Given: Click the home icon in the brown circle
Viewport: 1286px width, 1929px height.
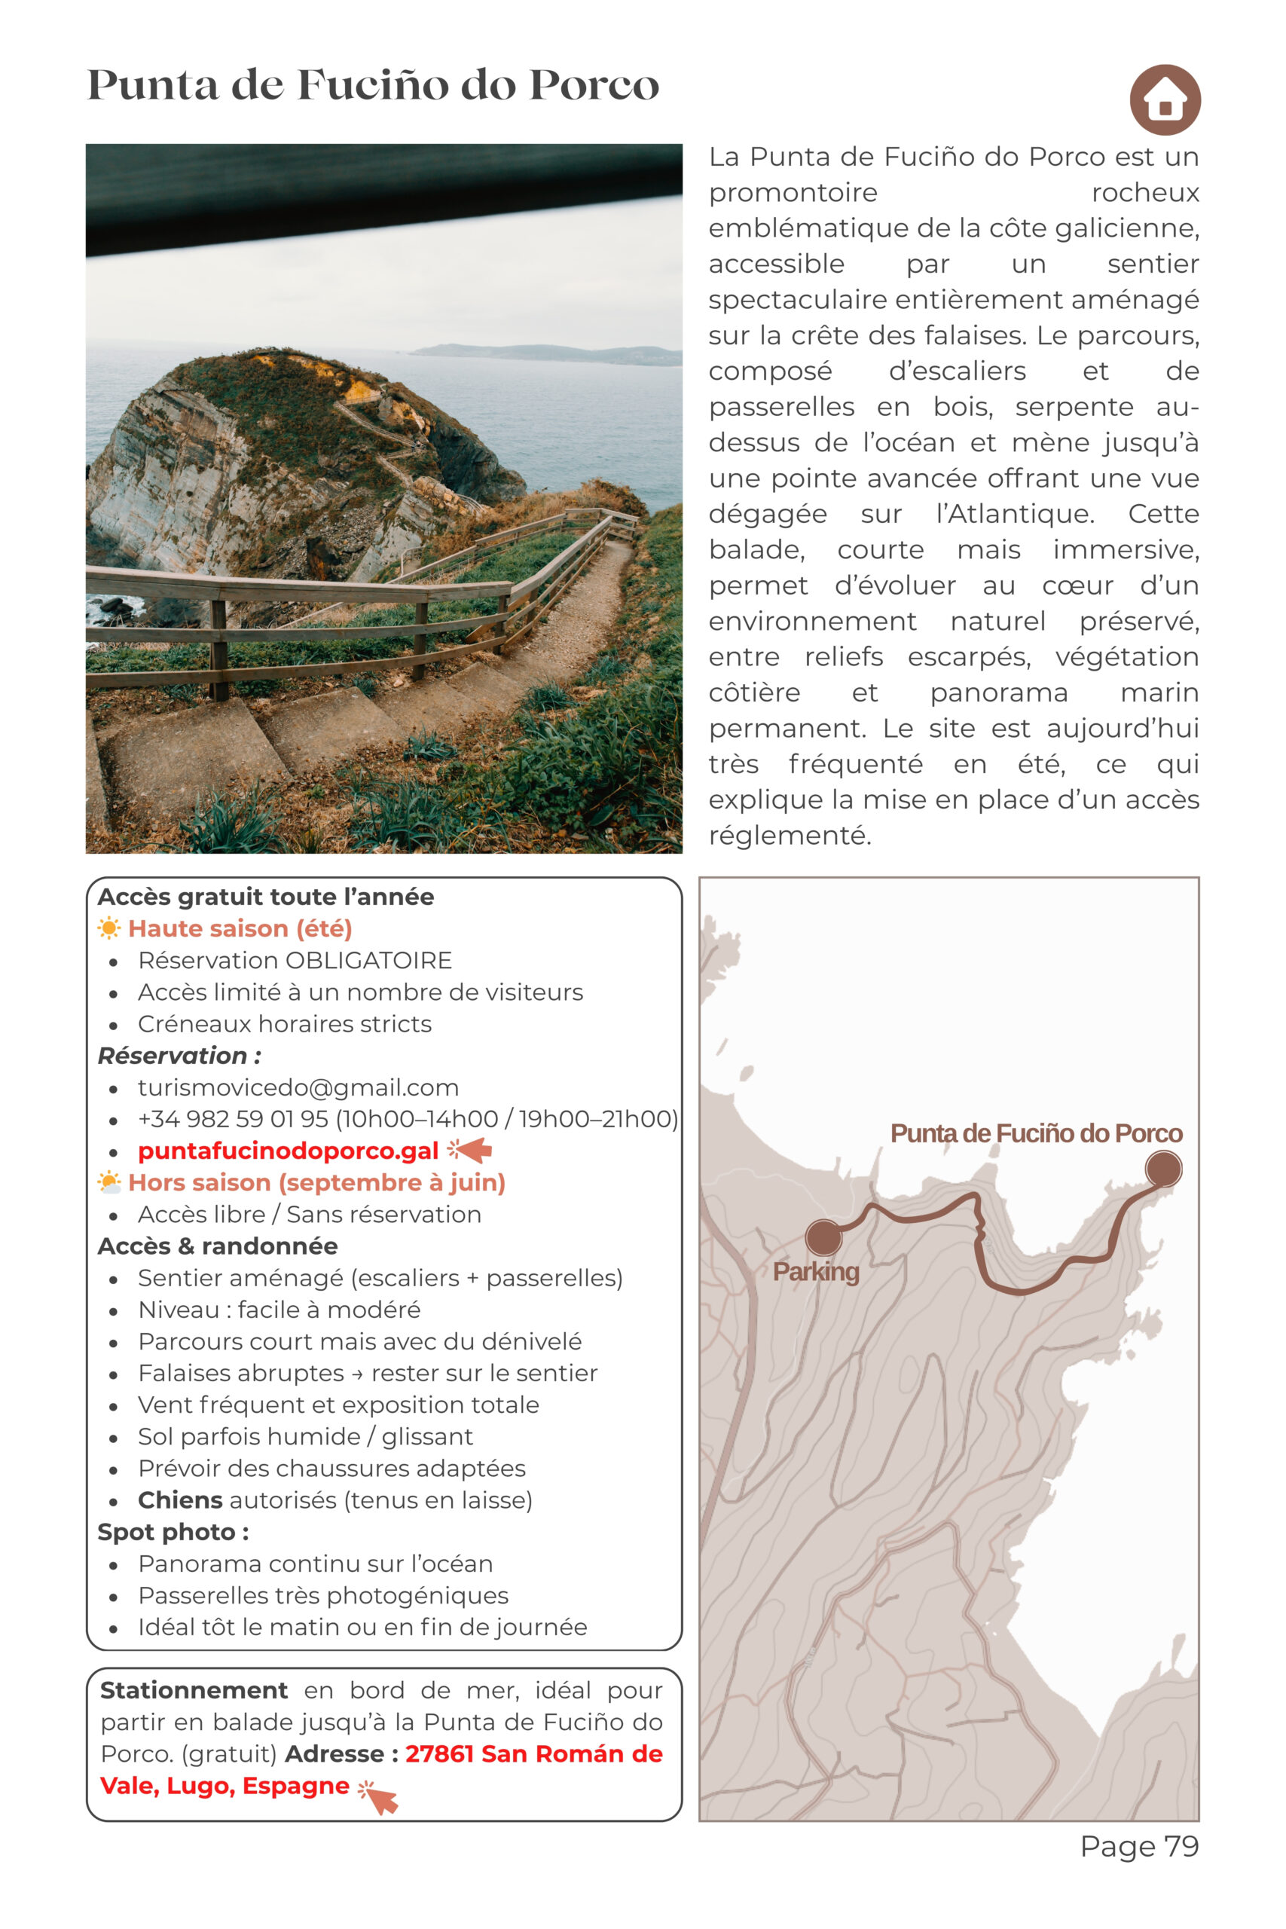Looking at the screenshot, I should click(x=1165, y=100).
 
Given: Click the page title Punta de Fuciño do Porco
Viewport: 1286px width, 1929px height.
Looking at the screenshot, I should click(x=373, y=85).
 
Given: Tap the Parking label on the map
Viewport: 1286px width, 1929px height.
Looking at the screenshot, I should click(x=815, y=1271).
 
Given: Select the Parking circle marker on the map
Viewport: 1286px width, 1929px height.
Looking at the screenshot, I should click(x=823, y=1237).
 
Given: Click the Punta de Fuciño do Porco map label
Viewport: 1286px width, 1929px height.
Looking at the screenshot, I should click(x=1036, y=1133).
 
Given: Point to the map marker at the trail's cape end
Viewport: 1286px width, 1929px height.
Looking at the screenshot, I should click(x=1163, y=1168).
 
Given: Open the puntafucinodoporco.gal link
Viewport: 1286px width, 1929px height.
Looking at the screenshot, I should click(x=288, y=1151).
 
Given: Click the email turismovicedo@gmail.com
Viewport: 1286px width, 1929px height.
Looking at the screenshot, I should click(x=298, y=1087).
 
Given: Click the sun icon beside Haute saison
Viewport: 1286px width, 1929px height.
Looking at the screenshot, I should click(x=108, y=928).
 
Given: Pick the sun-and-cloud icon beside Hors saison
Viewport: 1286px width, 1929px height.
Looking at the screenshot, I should click(x=108, y=1183).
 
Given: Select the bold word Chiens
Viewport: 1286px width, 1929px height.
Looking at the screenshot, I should click(x=179, y=1500).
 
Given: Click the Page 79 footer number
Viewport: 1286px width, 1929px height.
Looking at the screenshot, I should click(x=1139, y=1846).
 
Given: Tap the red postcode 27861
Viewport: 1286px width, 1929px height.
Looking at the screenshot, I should click(x=440, y=1753).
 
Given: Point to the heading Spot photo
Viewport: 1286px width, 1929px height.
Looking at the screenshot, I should click(x=173, y=1532).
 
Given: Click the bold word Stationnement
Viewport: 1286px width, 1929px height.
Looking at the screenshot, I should click(x=194, y=1690).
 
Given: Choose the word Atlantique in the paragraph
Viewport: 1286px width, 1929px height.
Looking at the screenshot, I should click(x=1015, y=514).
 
